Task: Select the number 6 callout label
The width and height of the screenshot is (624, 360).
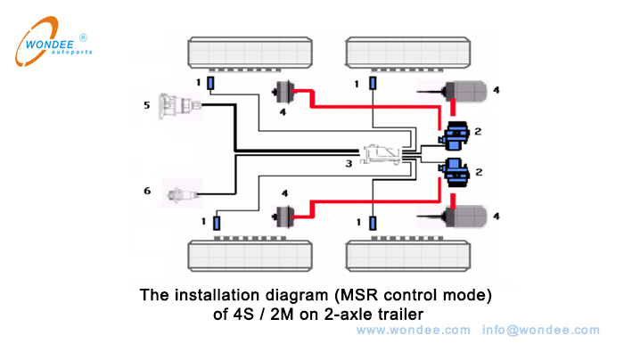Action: click(147, 191)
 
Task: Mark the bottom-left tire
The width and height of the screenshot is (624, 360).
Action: click(242, 255)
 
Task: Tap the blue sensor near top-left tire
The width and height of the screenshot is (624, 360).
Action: click(210, 85)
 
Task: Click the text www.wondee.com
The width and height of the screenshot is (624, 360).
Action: click(413, 330)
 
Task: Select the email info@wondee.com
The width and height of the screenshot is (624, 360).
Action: click(541, 330)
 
